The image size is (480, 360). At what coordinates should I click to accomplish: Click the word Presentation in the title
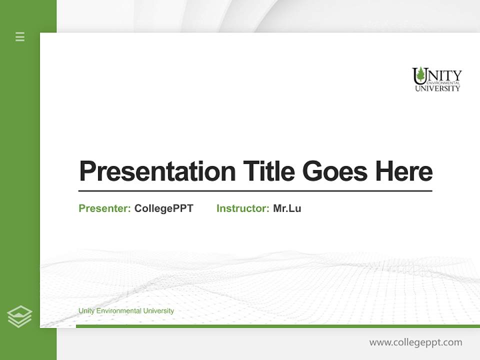(x=157, y=171)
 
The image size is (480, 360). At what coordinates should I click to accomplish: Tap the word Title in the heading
(x=268, y=171)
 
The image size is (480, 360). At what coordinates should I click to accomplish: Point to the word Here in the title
(x=403, y=171)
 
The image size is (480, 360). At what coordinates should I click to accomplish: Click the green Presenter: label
(x=104, y=208)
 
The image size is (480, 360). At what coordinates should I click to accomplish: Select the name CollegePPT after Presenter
(x=163, y=208)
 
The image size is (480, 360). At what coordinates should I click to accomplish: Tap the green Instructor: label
(x=242, y=208)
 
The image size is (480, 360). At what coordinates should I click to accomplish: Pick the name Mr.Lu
(x=287, y=208)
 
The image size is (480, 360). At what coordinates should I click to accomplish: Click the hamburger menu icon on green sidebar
(x=20, y=36)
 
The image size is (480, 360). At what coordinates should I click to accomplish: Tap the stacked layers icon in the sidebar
(x=19, y=316)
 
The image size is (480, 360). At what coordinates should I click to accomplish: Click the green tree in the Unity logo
(x=421, y=74)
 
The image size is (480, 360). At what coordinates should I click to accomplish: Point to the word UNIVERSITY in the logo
(x=437, y=88)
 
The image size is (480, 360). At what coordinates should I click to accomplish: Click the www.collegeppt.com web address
(x=415, y=342)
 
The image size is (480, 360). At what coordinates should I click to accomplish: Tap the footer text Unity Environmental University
(x=126, y=311)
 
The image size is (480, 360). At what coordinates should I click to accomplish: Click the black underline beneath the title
(x=255, y=191)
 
